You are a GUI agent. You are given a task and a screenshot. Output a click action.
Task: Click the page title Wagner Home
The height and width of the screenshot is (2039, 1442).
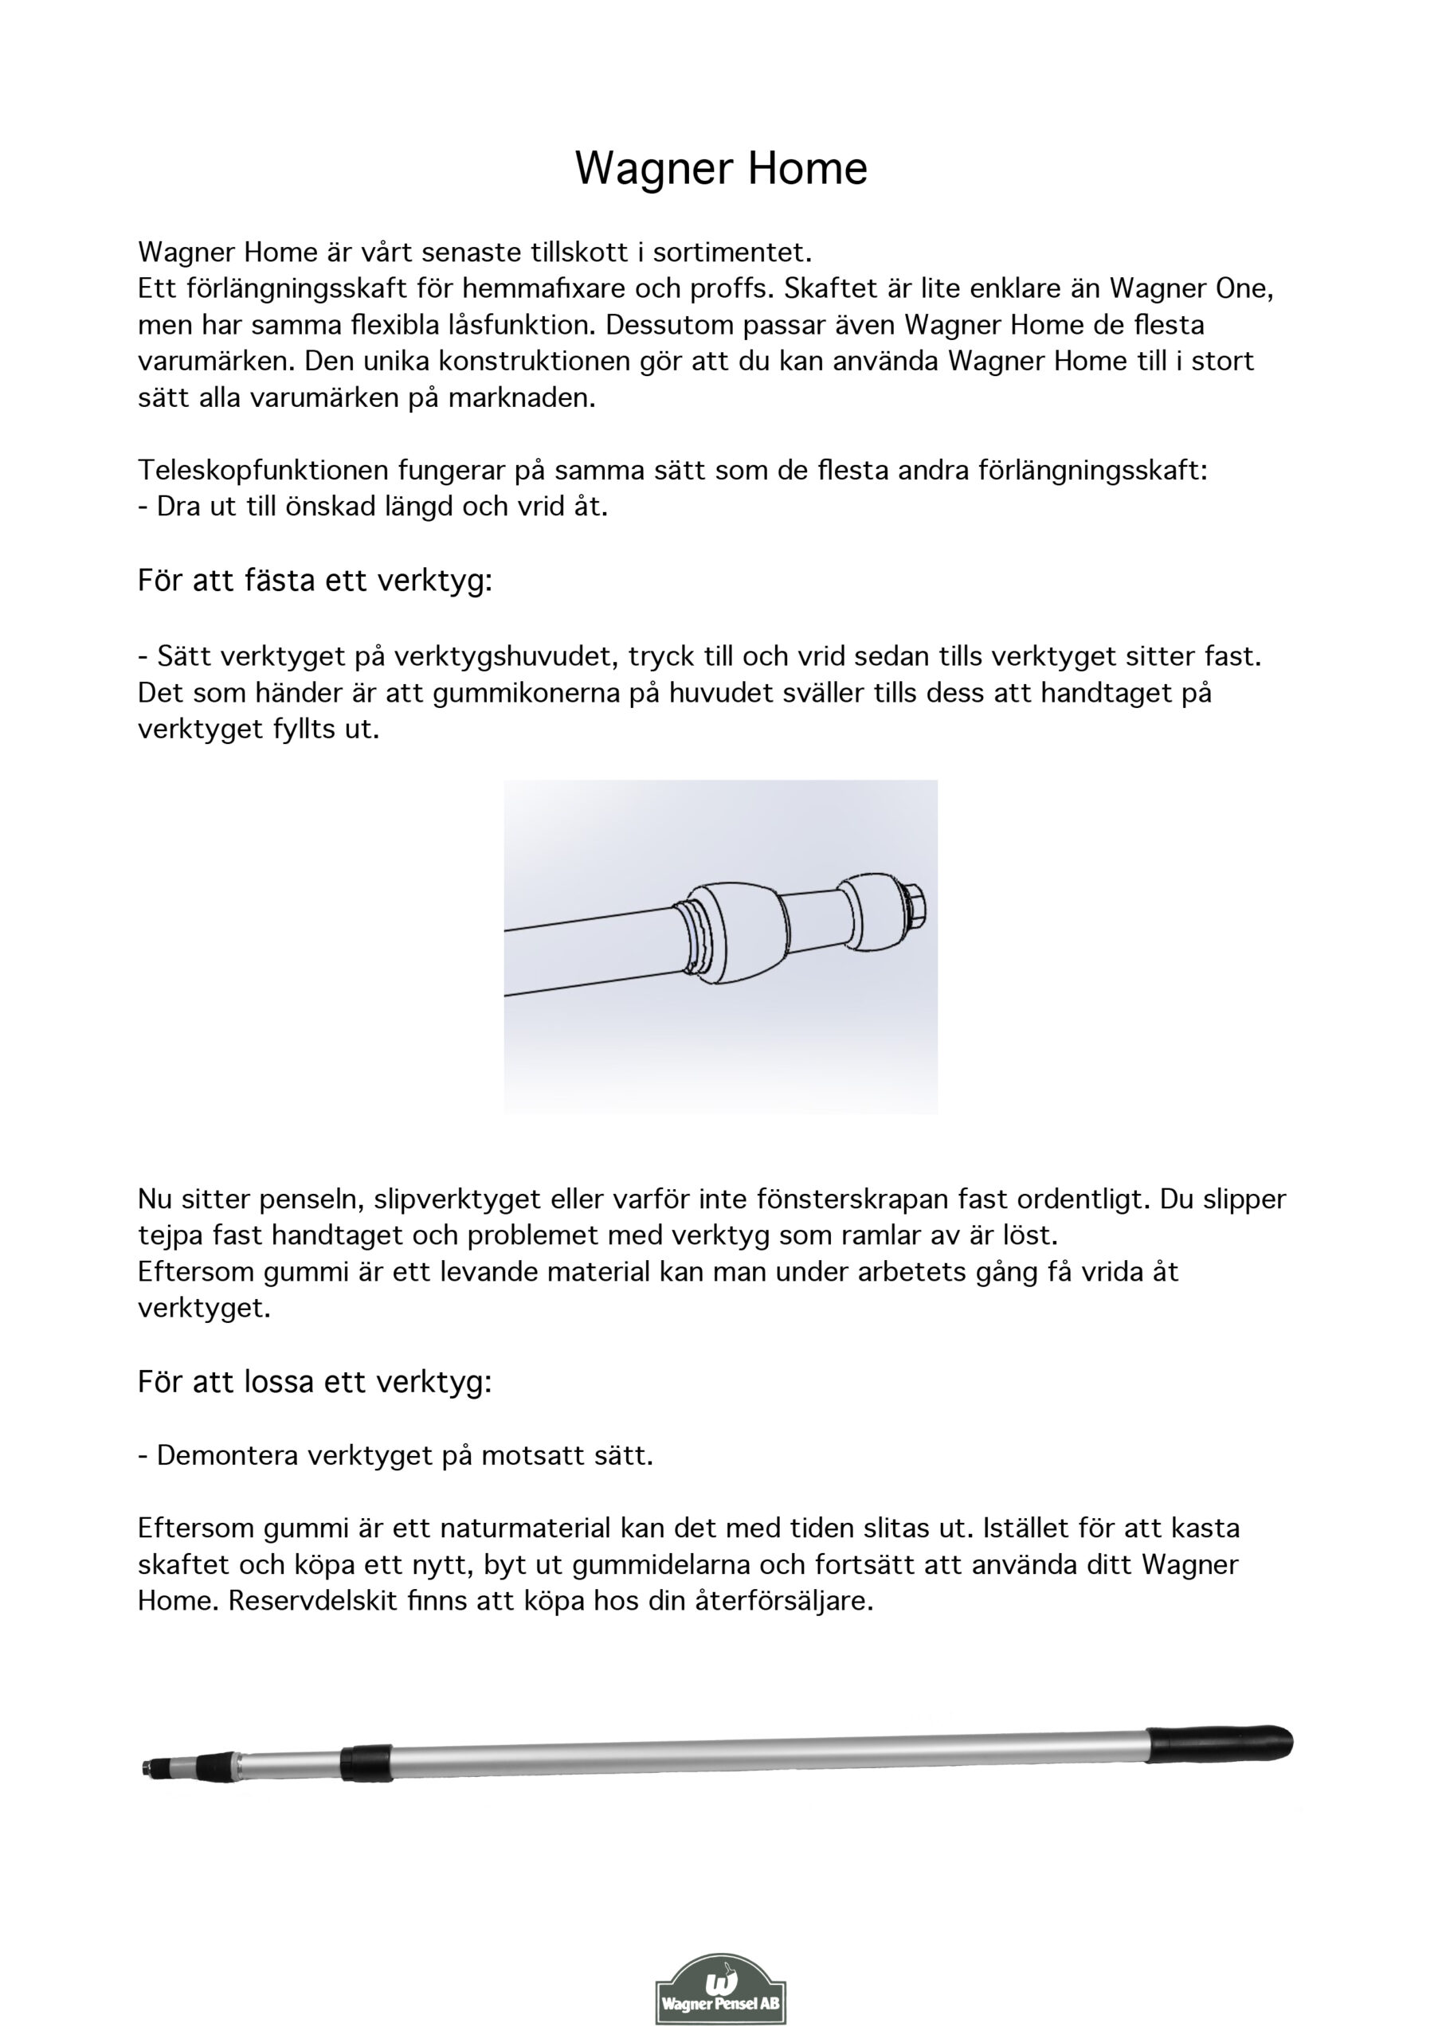point(720,168)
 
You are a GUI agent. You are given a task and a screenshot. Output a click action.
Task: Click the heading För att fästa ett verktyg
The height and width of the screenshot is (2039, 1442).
point(315,581)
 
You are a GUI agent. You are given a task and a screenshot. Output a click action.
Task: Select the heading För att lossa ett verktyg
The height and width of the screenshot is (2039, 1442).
point(315,1382)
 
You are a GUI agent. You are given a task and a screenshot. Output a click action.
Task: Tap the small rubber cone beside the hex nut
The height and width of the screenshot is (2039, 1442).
point(867,912)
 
